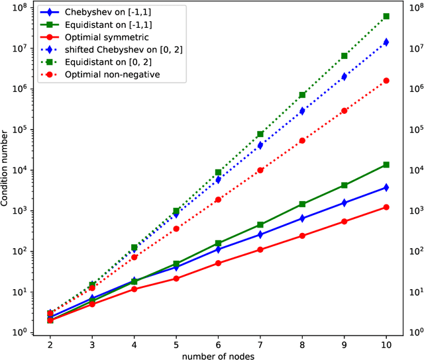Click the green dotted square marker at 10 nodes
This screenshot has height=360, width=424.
coord(386,17)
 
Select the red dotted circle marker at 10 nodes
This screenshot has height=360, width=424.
coord(386,81)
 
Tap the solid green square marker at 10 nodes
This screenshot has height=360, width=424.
coord(386,165)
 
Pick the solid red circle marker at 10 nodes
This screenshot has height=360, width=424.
coord(386,207)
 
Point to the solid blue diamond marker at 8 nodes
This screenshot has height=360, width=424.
coord(302,218)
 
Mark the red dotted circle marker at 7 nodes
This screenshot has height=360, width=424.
coord(260,170)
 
